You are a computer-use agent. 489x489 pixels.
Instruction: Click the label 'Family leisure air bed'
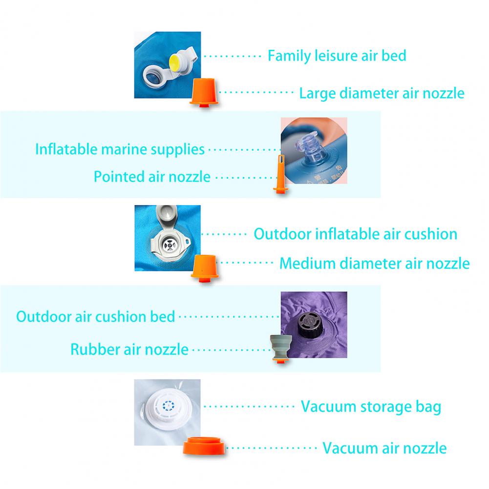(337, 56)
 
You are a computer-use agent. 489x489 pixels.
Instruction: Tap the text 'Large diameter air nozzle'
(382, 93)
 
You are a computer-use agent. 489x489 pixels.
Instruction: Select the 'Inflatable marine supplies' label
(120, 149)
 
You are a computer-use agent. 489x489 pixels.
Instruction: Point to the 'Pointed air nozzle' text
(152, 176)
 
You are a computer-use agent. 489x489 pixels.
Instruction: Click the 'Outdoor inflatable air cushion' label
(355, 234)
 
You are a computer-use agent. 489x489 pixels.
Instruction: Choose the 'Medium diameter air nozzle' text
(374, 264)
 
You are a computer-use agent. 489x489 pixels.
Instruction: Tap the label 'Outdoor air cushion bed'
(96, 316)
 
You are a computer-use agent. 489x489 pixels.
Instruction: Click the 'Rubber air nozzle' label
(129, 349)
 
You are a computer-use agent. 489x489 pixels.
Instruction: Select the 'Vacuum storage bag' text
(371, 406)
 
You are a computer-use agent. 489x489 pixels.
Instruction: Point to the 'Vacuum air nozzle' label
(384, 447)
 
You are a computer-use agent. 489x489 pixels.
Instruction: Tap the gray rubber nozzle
(279, 347)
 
